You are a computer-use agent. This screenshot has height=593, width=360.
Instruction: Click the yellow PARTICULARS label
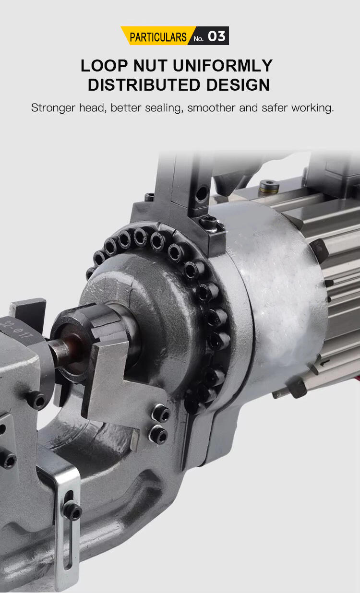tap(158, 37)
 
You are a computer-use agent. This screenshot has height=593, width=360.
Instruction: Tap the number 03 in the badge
tap(216, 36)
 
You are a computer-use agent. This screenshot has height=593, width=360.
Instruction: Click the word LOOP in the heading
tap(104, 65)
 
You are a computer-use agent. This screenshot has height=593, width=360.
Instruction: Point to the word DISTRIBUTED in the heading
tap(144, 85)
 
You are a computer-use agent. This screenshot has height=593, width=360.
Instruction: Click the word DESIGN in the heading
tap(238, 85)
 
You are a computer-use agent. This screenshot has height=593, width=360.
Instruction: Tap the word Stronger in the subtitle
tap(53, 108)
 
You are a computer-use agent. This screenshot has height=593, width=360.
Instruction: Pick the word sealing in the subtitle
tap(164, 108)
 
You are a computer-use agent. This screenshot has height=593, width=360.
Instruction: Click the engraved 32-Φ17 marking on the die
tap(17, 330)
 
